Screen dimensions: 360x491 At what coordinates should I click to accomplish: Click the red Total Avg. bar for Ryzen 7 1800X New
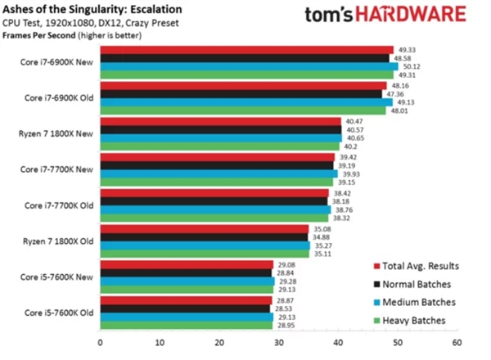coord(220,121)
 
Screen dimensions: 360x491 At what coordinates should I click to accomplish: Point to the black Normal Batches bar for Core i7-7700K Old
coord(213,201)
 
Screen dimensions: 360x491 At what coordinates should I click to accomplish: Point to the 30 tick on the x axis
coord(278,344)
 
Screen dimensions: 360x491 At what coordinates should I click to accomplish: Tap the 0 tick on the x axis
coord(100,344)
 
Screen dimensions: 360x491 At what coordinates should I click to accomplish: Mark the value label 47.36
coord(398,93)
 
